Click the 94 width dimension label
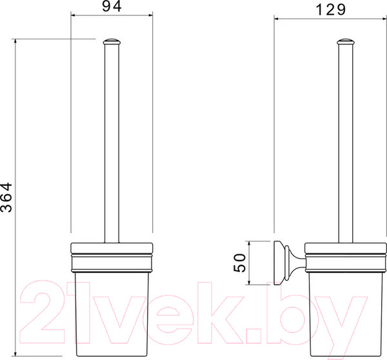[x=112, y=6]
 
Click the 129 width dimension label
[x=330, y=10]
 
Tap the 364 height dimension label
[x=6, y=197]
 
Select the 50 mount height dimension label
[x=240, y=263]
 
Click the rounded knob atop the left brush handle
[x=112, y=41]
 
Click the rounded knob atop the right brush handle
[x=346, y=42]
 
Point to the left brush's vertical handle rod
[x=112, y=143]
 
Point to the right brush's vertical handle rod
[x=346, y=143]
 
